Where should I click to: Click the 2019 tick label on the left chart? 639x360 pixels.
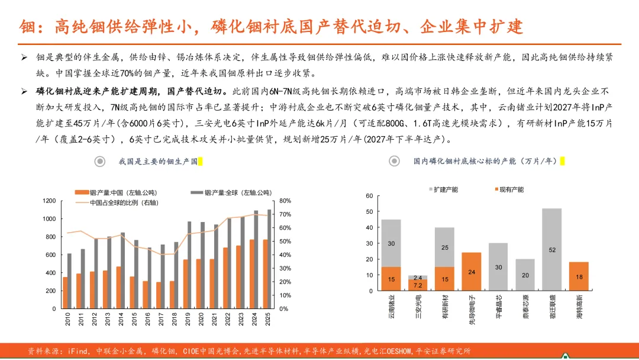pos(188,319)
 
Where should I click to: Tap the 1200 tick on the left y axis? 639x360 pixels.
pos(49,201)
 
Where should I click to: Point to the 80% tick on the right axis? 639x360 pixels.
pos(285,201)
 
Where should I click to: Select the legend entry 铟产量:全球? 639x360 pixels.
pos(231,192)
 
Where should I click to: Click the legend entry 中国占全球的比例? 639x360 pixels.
pos(117,202)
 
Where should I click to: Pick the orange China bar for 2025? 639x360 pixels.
pos(265,274)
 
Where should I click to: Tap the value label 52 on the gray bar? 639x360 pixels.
pos(552,250)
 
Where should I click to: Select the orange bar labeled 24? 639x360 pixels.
pos(472,272)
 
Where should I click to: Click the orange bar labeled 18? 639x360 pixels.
pos(579,277)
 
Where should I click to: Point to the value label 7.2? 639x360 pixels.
pos(418,285)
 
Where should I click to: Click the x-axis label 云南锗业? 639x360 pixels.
pos(392,306)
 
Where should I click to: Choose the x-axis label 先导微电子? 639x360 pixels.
pos(472,310)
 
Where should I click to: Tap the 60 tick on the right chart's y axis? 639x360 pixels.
pos(369,196)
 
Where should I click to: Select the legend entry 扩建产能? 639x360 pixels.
pos(443,189)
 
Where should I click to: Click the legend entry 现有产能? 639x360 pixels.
pos(509,189)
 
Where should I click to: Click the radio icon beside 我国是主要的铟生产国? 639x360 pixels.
pos(100,162)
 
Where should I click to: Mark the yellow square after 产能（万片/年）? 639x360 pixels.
pos(563,161)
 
